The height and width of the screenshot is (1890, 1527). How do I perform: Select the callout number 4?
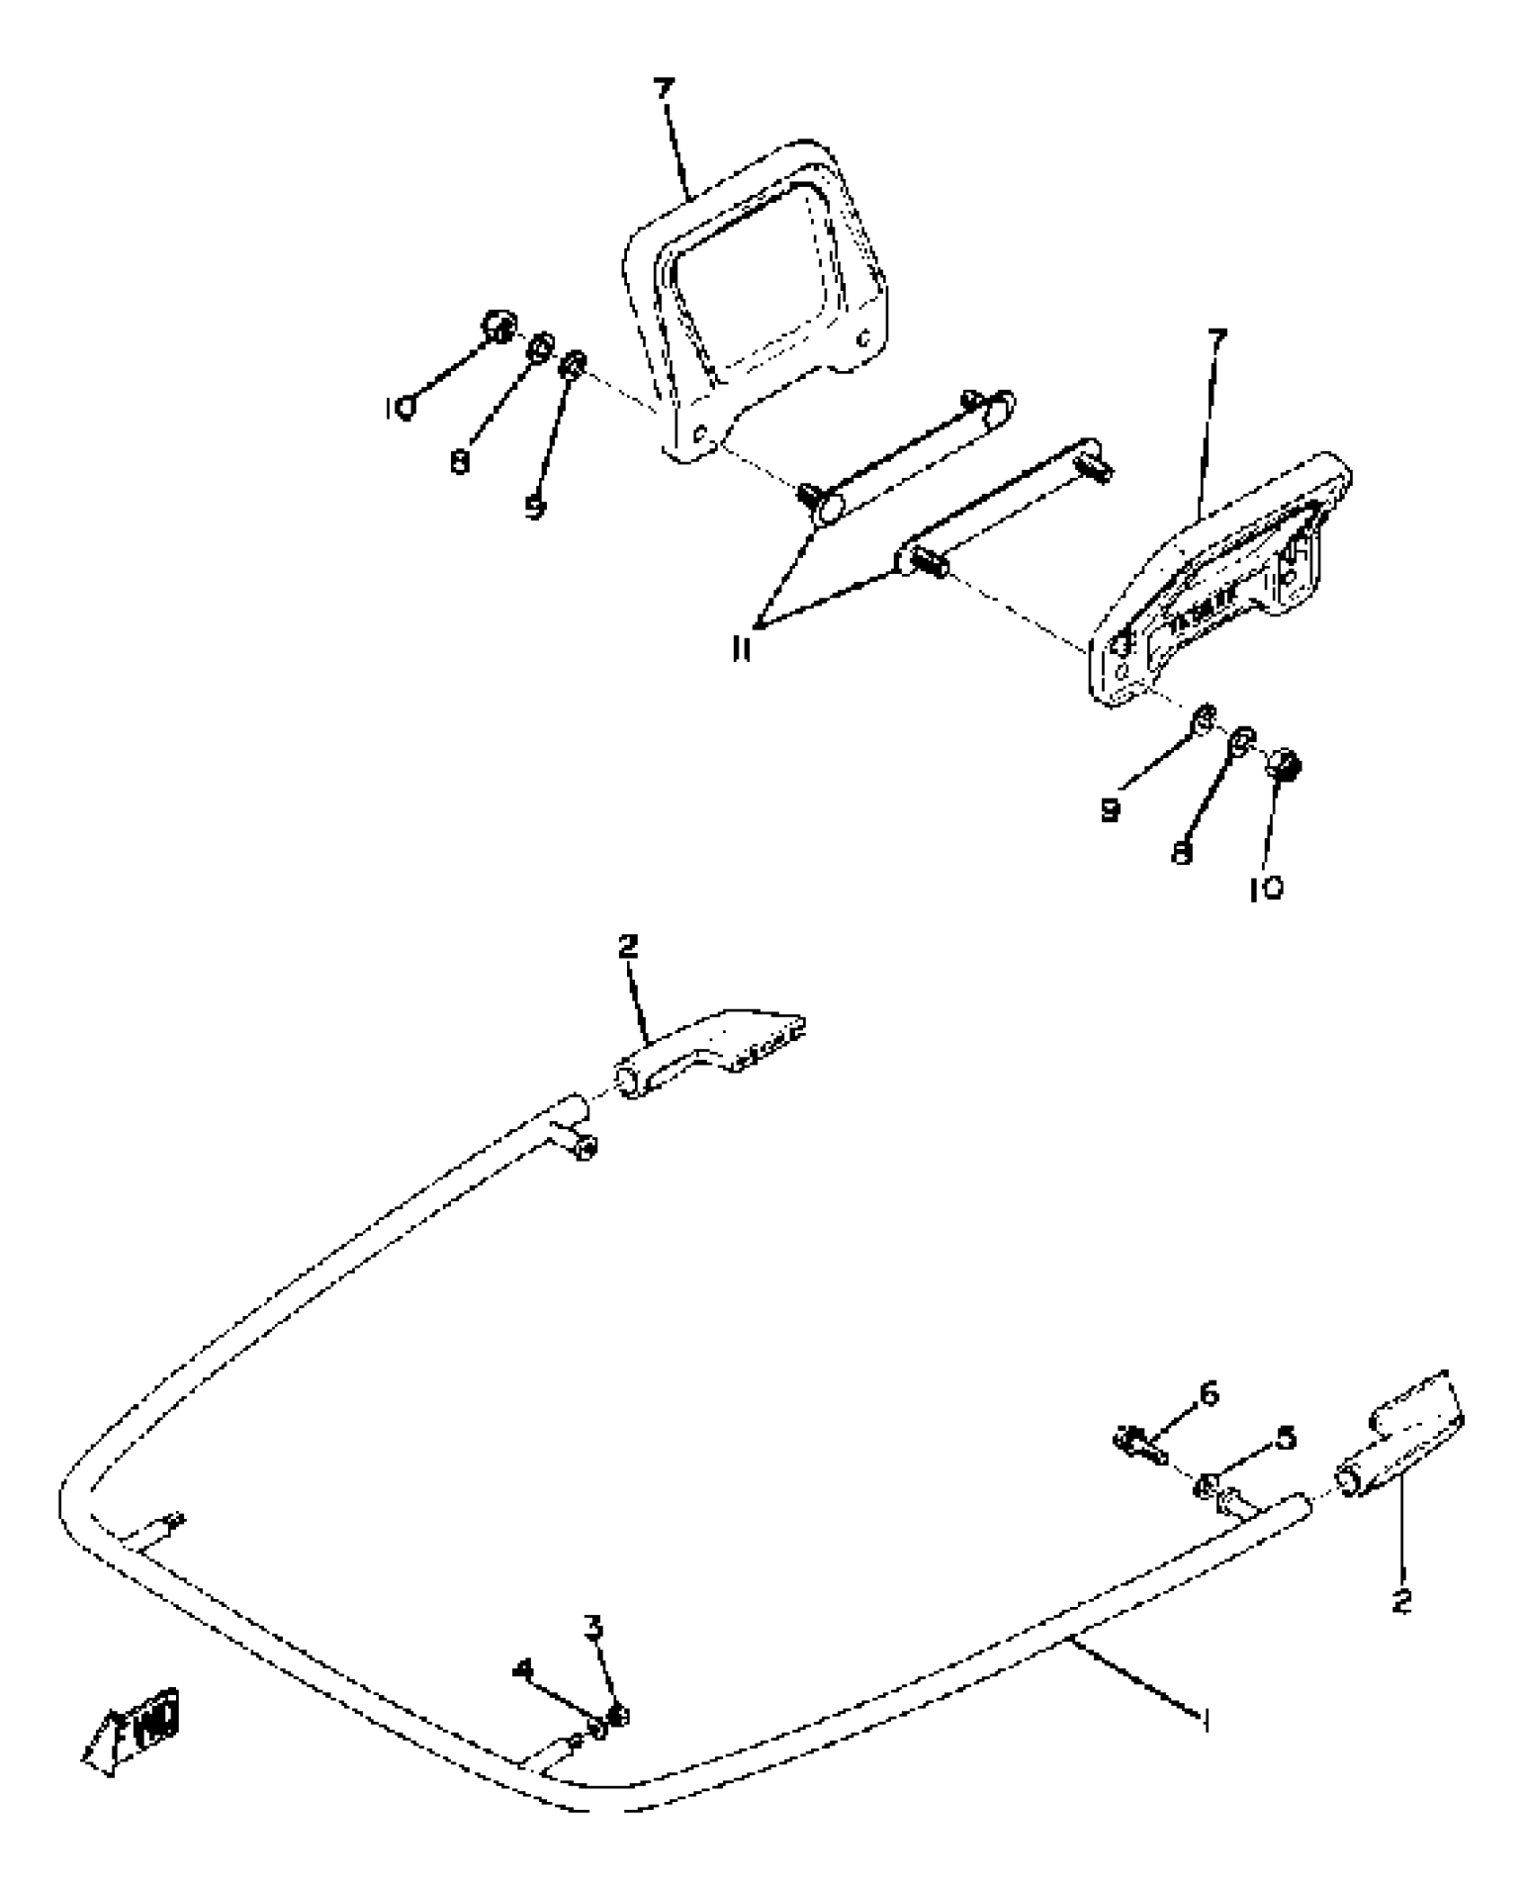(x=522, y=1669)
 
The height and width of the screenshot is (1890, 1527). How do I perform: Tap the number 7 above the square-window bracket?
(x=663, y=91)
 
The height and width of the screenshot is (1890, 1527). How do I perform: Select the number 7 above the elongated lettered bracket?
(x=1217, y=341)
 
